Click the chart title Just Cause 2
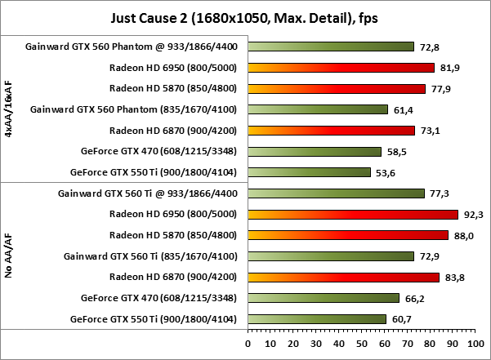(244, 16)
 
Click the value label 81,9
(448, 67)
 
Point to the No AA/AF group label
(9, 256)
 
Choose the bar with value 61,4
(319, 109)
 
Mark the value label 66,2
(413, 298)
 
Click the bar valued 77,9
(337, 88)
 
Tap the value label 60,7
(400, 319)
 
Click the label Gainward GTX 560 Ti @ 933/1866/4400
(151, 193)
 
